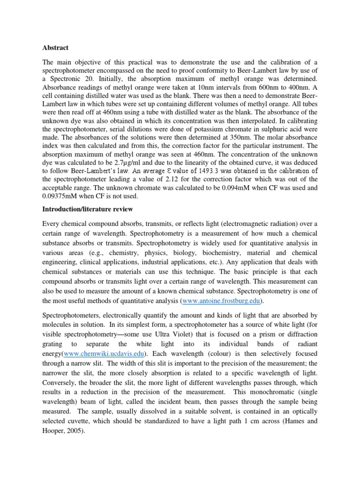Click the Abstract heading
(55, 48)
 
